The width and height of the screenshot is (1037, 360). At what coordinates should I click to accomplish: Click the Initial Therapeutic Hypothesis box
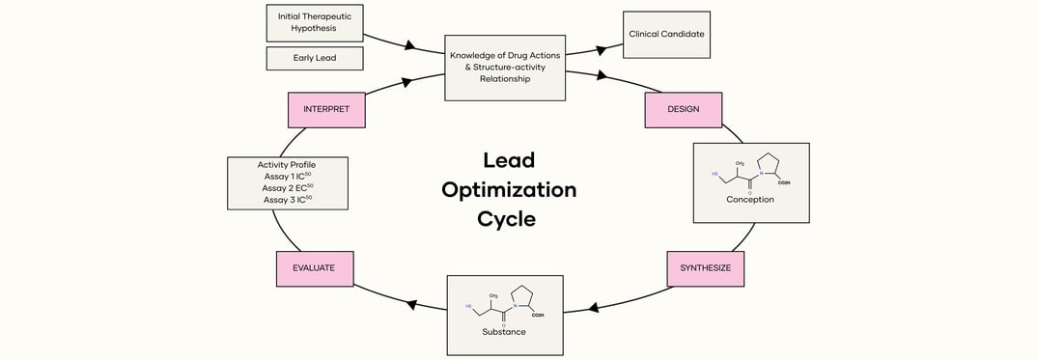315,22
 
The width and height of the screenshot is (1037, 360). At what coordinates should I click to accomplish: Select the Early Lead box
315,58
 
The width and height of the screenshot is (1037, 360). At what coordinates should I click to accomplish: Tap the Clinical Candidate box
666,34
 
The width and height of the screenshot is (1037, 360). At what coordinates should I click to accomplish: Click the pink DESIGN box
684,109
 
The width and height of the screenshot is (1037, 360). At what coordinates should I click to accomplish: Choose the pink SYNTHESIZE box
705,268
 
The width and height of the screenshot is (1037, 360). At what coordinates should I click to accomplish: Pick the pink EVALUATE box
314,268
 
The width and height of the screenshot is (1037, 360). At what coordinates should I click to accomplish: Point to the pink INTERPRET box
326,109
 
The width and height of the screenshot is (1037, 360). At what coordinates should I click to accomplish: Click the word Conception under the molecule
750,200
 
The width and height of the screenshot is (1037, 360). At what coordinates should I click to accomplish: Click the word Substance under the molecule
504,332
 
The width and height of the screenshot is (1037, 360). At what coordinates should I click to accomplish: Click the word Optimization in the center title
509,189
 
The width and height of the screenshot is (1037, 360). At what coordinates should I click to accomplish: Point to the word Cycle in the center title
506,219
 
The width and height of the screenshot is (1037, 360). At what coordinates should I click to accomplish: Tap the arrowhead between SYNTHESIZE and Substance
594,307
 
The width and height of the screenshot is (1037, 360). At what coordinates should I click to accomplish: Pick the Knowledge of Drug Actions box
505,68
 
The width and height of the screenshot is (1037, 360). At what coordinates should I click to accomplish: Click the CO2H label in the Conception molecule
783,182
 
